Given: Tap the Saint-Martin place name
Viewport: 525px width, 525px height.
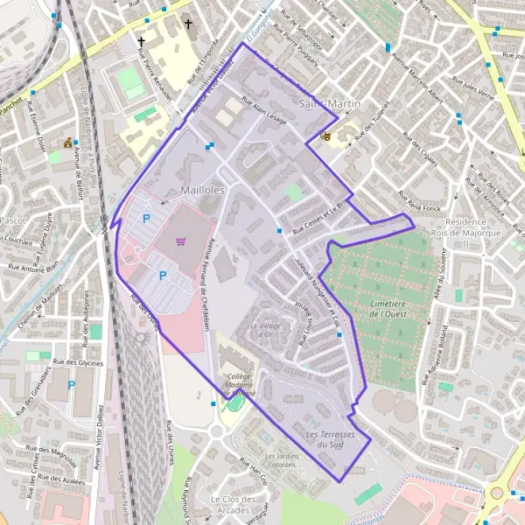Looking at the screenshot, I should [330, 104].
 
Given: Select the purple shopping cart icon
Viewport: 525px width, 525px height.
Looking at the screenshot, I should [181, 241].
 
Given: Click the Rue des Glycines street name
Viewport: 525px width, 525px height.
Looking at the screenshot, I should [78, 361].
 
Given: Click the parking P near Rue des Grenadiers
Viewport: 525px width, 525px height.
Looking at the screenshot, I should [72, 385].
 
